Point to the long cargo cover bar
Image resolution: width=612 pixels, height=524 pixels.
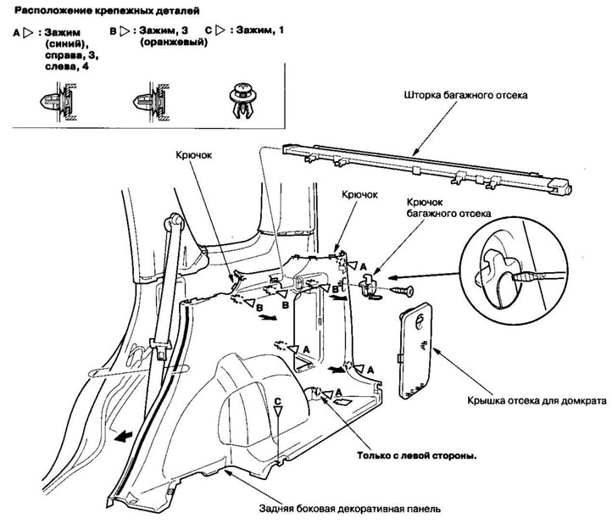(424, 161)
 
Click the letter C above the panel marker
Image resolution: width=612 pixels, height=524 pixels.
(276, 398)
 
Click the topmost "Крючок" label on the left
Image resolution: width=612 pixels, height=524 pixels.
(193, 157)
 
